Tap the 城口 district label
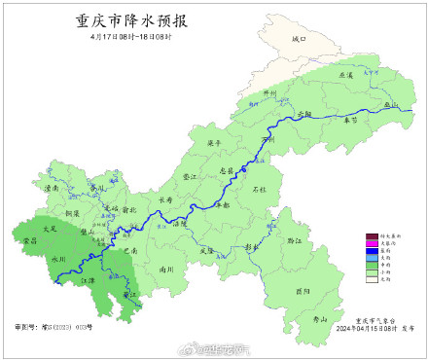(x=298, y=40)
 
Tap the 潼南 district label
(x=53, y=188)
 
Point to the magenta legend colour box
(x=370, y=243)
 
